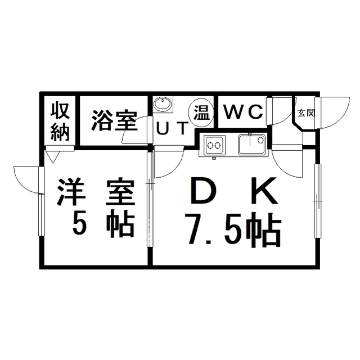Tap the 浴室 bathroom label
coord(114,121)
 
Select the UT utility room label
coord(173,129)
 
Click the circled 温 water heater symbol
coord(201,112)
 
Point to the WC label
coord(244,112)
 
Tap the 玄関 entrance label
coord(306,113)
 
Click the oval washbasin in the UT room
coord(163,105)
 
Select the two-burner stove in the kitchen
coord(215,145)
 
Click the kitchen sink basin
coord(251,145)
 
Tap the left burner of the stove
coord(210,145)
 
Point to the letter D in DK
coord(201,191)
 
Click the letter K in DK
coord(264,191)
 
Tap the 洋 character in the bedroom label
coord(71,191)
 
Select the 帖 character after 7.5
coord(263,229)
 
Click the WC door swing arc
coord(285,115)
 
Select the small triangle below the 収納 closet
coord(53,157)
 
